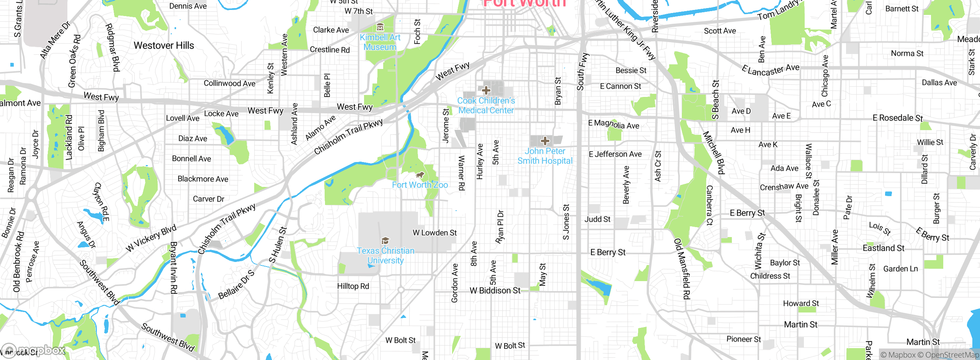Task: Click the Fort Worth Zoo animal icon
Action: point(420,175)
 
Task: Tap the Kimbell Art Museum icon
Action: point(380,27)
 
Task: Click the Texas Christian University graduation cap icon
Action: point(385,241)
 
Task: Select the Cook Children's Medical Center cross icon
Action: point(486,90)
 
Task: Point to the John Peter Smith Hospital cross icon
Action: point(545,141)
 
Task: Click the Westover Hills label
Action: point(164,45)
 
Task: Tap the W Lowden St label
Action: point(434,232)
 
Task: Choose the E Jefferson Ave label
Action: point(615,154)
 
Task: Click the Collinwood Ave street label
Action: point(229,83)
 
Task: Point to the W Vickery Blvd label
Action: point(151,238)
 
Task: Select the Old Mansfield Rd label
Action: point(682,268)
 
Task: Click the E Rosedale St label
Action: point(898,118)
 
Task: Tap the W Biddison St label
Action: point(495,290)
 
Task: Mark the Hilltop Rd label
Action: point(353,286)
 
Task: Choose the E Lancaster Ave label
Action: point(770,70)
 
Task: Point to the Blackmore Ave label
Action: point(203,179)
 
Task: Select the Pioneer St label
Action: point(743,339)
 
